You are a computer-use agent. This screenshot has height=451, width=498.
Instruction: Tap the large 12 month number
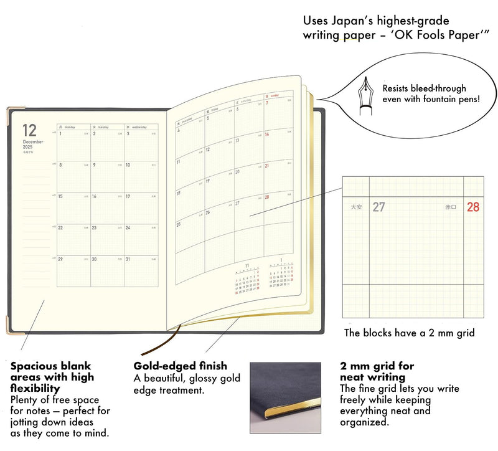(x=29, y=130)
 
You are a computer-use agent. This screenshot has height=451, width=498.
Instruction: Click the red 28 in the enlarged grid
(x=473, y=207)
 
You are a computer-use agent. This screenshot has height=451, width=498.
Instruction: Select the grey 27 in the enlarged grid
(x=378, y=207)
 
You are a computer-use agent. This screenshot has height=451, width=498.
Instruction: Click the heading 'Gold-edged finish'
(x=181, y=366)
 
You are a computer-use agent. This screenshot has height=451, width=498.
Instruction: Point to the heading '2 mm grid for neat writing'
(x=377, y=371)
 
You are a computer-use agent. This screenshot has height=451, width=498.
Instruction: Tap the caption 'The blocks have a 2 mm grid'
(x=409, y=333)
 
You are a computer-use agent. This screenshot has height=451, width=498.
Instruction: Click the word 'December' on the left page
(x=32, y=142)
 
